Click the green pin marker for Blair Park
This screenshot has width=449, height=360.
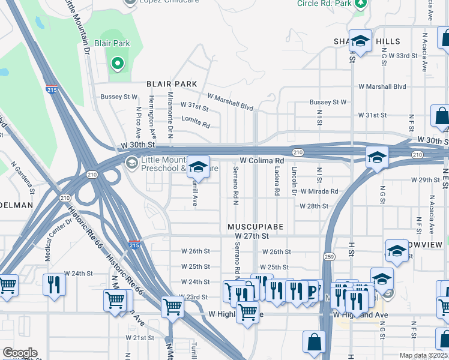(x=118, y=63)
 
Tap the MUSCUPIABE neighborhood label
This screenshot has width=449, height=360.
(x=255, y=227)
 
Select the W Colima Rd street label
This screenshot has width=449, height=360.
(x=262, y=161)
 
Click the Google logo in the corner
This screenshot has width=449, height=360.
(x=20, y=353)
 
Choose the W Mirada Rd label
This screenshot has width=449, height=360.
(x=319, y=191)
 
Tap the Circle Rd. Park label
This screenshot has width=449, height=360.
(x=324, y=4)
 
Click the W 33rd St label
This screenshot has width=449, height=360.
(x=402, y=55)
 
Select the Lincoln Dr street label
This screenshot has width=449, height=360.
(x=294, y=182)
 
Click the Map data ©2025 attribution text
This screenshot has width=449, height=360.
(x=423, y=355)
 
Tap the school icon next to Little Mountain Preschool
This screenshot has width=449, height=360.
(x=198, y=167)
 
